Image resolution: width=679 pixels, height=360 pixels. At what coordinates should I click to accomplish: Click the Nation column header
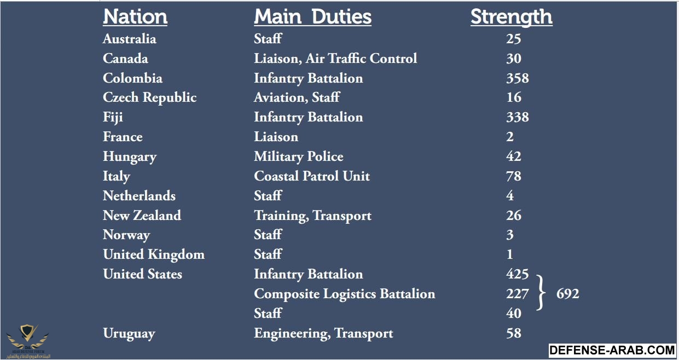pos(135,17)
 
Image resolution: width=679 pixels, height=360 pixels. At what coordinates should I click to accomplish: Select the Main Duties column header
pos(312,17)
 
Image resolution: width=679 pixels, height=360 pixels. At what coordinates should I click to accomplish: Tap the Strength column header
pos(511,17)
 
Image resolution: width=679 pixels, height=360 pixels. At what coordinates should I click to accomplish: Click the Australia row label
pos(130,39)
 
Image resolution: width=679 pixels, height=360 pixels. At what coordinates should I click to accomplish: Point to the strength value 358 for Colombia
pos(517,78)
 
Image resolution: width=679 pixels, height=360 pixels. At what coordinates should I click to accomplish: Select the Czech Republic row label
pos(149,98)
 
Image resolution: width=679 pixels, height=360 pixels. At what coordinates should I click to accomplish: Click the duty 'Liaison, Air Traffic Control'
pos(335,59)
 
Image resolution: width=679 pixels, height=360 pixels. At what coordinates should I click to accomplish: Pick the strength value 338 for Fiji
pos(517,117)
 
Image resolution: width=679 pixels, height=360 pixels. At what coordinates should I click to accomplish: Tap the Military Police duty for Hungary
pos(299,156)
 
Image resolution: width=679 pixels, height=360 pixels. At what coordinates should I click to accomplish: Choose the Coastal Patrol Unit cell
pos(312,176)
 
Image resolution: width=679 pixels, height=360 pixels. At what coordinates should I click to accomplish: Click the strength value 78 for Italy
pos(514,176)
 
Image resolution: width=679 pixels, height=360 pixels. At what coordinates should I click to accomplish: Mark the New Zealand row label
pos(142,216)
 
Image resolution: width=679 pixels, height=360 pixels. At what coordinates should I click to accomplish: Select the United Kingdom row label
pos(154,255)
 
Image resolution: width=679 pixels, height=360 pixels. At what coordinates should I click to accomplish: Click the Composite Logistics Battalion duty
pos(345,294)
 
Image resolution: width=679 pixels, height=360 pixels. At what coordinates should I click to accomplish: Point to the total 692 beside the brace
pos(567,294)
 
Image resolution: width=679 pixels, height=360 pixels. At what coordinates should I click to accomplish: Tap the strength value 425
pos(517,274)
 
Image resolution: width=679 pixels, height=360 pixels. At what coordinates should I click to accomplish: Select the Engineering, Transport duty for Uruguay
pos(323,333)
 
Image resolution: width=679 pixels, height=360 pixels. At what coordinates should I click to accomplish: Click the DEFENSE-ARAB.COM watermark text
pos(612,350)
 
